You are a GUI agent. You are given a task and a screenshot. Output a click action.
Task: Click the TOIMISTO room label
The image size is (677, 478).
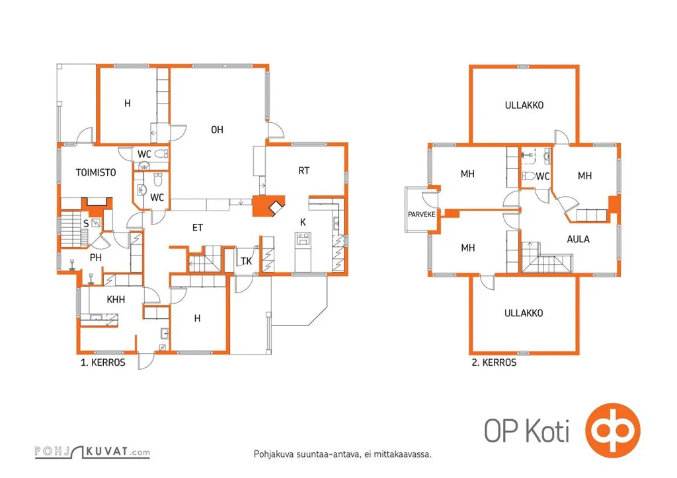click(96, 172)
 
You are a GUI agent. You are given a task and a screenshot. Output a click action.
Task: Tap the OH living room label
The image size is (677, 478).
click(217, 130)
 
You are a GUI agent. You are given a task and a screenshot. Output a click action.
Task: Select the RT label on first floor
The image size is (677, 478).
click(304, 171)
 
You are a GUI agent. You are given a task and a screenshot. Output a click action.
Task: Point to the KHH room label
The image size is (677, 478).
click(116, 299)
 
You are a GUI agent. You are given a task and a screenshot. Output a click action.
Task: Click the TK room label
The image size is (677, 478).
click(246, 261)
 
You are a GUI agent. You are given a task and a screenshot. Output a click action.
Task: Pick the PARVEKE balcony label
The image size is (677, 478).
click(421, 214)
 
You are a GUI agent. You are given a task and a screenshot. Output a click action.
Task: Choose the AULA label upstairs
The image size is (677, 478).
click(578, 239)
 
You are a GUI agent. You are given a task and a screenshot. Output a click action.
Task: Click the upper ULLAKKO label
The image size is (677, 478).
click(524, 105)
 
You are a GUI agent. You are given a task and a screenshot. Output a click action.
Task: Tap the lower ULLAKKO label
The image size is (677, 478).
click(524, 313)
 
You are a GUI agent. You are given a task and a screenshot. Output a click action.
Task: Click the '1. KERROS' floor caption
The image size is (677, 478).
click(102, 362)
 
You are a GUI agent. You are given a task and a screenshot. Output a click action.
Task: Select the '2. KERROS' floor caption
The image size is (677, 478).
click(494, 362)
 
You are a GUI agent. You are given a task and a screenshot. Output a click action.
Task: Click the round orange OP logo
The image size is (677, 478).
click(613, 430)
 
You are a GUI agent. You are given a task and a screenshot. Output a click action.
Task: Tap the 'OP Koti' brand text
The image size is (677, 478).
click(527, 430)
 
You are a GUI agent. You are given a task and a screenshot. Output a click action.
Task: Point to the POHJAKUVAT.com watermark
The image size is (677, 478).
click(93, 452)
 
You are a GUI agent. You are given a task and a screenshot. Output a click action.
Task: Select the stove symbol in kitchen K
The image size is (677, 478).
click(303, 239)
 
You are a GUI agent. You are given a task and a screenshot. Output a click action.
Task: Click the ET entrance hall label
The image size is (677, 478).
click(197, 228)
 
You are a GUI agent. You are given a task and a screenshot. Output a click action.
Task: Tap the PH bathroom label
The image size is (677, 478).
click(96, 257)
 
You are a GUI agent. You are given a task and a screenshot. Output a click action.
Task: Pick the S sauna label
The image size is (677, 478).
click(86, 223)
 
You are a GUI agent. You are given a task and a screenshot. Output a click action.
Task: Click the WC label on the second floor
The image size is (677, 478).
click(543, 176)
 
